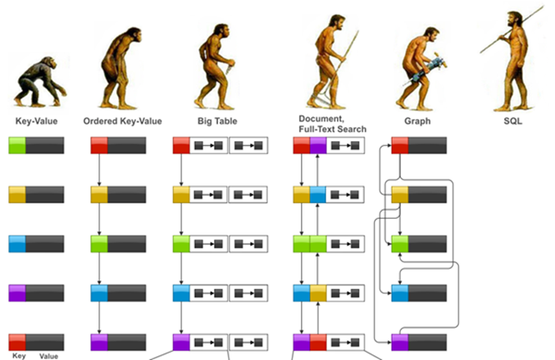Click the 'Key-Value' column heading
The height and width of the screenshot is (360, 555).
[35, 121]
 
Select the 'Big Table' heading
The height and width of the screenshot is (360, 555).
[217, 121]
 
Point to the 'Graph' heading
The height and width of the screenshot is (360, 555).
[418, 121]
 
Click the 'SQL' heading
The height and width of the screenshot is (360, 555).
[513, 121]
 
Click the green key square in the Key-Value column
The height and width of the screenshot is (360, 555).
[17, 146]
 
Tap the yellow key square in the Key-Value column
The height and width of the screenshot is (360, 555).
[17, 195]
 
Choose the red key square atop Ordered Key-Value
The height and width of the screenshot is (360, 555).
[99, 146]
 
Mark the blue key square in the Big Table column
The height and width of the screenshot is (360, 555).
[181, 293]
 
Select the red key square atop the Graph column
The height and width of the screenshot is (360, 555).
[399, 146]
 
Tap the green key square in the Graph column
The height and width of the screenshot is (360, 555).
[399, 244]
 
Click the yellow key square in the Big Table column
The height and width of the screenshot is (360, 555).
[181, 195]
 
